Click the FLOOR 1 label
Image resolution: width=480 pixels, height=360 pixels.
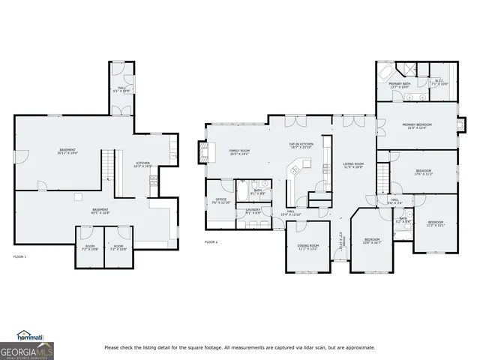[x=19, y=256]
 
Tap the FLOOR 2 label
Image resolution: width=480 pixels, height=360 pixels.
[x=211, y=241]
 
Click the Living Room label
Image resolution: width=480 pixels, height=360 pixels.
[x=353, y=165]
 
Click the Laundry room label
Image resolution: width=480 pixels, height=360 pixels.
[x=253, y=211]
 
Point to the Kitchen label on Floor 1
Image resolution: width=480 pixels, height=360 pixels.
[x=142, y=164]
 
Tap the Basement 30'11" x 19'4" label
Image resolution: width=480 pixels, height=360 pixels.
[x=67, y=151]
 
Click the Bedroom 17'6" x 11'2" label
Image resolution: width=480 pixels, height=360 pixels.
[x=423, y=172]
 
